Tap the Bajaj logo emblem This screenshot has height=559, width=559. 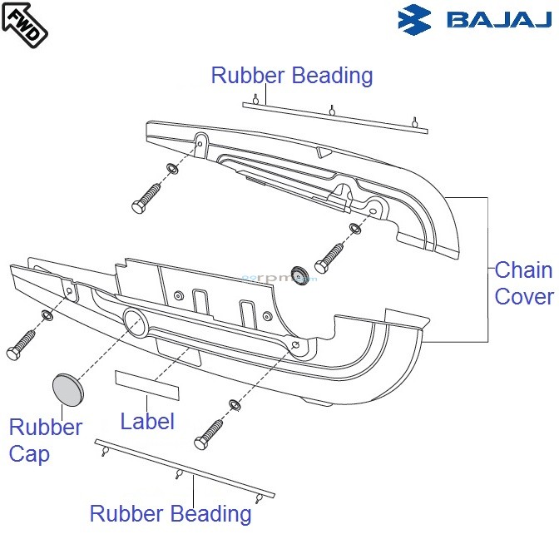(416, 20)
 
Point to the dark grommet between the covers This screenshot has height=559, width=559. (299, 272)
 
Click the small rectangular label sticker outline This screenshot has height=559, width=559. (146, 383)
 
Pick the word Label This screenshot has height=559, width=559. (147, 421)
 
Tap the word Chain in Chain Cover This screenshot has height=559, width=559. (523, 270)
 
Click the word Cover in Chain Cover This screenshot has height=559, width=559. (524, 297)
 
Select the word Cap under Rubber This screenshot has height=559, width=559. (30, 454)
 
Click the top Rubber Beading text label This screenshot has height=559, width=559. (291, 76)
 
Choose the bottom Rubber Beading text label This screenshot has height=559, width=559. (171, 513)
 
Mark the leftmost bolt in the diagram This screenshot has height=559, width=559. (21, 344)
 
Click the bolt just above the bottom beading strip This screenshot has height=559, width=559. (210, 433)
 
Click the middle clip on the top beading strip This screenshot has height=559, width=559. (332, 110)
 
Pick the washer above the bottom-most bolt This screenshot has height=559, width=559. (235, 405)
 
